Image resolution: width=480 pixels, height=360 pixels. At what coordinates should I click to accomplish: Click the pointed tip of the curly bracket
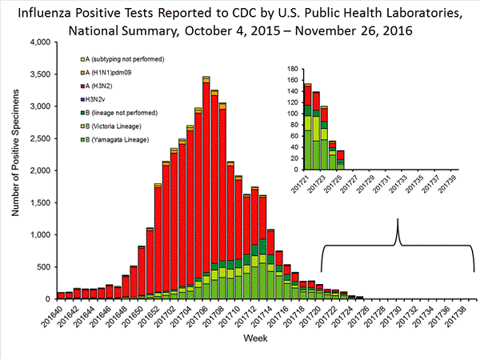(398, 221)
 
